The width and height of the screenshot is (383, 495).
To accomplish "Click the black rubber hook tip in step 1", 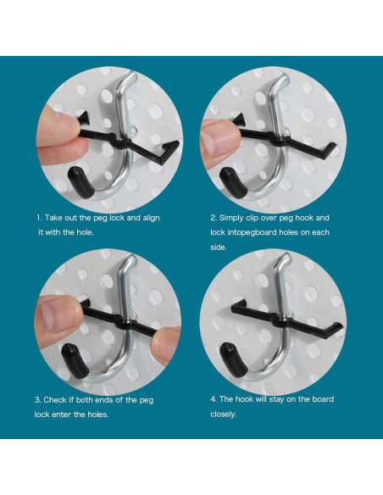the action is (x=80, y=182).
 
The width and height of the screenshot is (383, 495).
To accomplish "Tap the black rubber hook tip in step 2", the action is (x=233, y=182).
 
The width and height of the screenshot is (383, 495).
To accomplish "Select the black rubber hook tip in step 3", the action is (x=75, y=360).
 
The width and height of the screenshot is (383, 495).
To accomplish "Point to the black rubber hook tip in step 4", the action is (x=234, y=360).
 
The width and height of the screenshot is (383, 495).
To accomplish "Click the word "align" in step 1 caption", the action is (x=152, y=218).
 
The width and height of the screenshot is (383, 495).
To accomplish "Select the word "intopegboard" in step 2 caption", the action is (x=251, y=232).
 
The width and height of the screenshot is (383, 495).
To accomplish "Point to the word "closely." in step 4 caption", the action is (x=224, y=414).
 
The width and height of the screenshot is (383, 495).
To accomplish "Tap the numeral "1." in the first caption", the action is (x=39, y=218).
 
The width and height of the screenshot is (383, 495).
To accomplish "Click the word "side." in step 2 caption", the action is (x=219, y=247).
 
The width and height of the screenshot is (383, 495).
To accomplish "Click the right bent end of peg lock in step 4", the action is (x=334, y=330).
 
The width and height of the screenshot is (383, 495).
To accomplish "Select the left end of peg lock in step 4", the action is (x=238, y=307).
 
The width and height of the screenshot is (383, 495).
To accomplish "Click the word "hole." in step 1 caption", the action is (x=86, y=232).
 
